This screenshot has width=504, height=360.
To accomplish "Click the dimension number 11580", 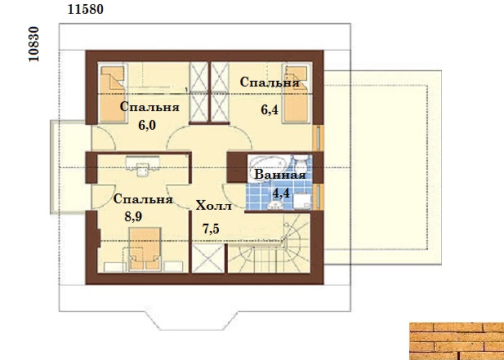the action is [86, 9].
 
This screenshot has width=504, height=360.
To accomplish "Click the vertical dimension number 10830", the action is [33, 44].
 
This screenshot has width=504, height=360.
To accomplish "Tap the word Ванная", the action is [279, 176].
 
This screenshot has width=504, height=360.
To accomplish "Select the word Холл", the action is [213, 206].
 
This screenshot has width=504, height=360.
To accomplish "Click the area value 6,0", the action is [147, 125].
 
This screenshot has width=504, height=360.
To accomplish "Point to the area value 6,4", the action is [270, 110].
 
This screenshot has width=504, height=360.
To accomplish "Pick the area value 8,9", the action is [133, 217].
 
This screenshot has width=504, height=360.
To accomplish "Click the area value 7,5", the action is [211, 229].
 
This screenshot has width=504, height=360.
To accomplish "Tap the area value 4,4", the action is [281, 193].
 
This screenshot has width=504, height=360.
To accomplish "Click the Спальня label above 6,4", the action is [270, 82].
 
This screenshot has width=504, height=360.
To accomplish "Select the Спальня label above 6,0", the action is [149, 107].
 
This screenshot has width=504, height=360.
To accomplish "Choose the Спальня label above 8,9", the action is [143, 199].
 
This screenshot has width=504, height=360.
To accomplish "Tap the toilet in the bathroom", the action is [301, 163].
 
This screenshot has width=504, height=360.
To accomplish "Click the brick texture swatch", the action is [457, 341].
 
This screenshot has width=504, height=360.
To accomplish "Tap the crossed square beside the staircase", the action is [208, 258].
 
